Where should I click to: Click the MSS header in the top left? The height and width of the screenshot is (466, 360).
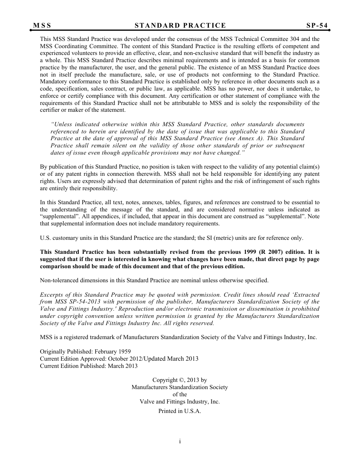click(42, 26)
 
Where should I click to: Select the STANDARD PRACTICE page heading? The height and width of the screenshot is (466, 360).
click(180, 26)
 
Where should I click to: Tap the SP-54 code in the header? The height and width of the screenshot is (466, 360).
click(317, 26)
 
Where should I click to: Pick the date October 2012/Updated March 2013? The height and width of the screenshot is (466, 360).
click(153, 359)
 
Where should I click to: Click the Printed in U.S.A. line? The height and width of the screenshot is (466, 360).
click(180, 411)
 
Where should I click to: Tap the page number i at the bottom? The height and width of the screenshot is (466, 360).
click(180, 441)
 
